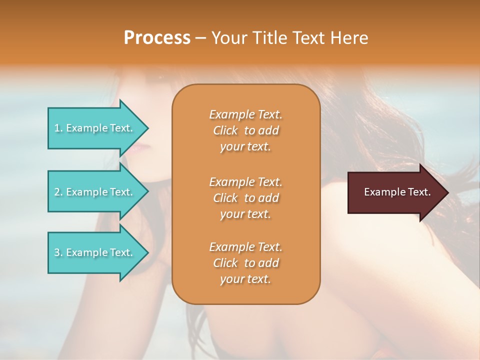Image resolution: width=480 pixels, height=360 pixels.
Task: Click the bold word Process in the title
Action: coord(157,38)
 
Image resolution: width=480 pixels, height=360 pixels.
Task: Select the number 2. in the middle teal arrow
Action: coord(58,192)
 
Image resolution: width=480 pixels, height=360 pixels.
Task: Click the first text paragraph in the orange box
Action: coord(245,130)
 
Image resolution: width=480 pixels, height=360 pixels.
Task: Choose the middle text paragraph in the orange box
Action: coord(245,198)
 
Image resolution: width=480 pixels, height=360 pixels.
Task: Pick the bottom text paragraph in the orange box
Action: coord(245,263)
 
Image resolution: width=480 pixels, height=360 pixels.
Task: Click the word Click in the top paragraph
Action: coord(225,130)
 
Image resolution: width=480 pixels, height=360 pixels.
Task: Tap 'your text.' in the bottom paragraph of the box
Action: coord(245,279)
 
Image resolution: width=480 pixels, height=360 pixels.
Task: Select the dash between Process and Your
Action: coord(201,38)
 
